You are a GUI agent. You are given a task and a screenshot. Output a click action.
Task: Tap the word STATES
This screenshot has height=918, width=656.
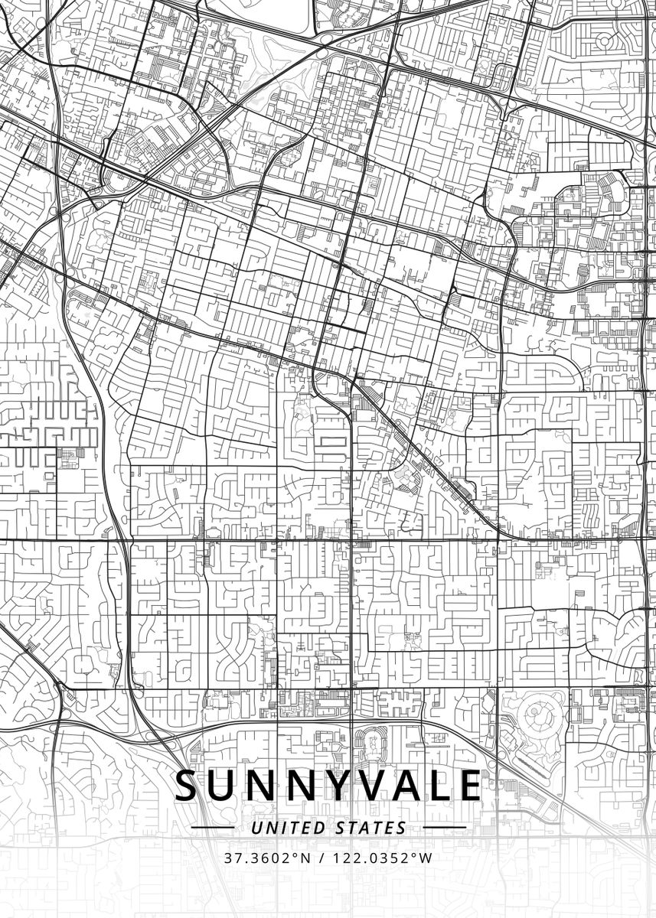pyautogui.click(x=371, y=828)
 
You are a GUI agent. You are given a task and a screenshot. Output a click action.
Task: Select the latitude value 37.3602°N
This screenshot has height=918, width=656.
pyautogui.click(x=268, y=858)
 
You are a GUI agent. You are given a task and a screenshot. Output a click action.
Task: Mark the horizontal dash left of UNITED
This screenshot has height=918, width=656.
pyautogui.click(x=213, y=828)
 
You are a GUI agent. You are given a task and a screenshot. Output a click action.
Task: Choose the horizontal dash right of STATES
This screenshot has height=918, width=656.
pyautogui.click(x=444, y=828)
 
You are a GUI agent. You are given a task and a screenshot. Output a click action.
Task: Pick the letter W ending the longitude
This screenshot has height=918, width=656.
pyautogui.click(x=426, y=858)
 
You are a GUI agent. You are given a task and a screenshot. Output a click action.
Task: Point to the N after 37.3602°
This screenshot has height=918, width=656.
pyautogui.click(x=306, y=858)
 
